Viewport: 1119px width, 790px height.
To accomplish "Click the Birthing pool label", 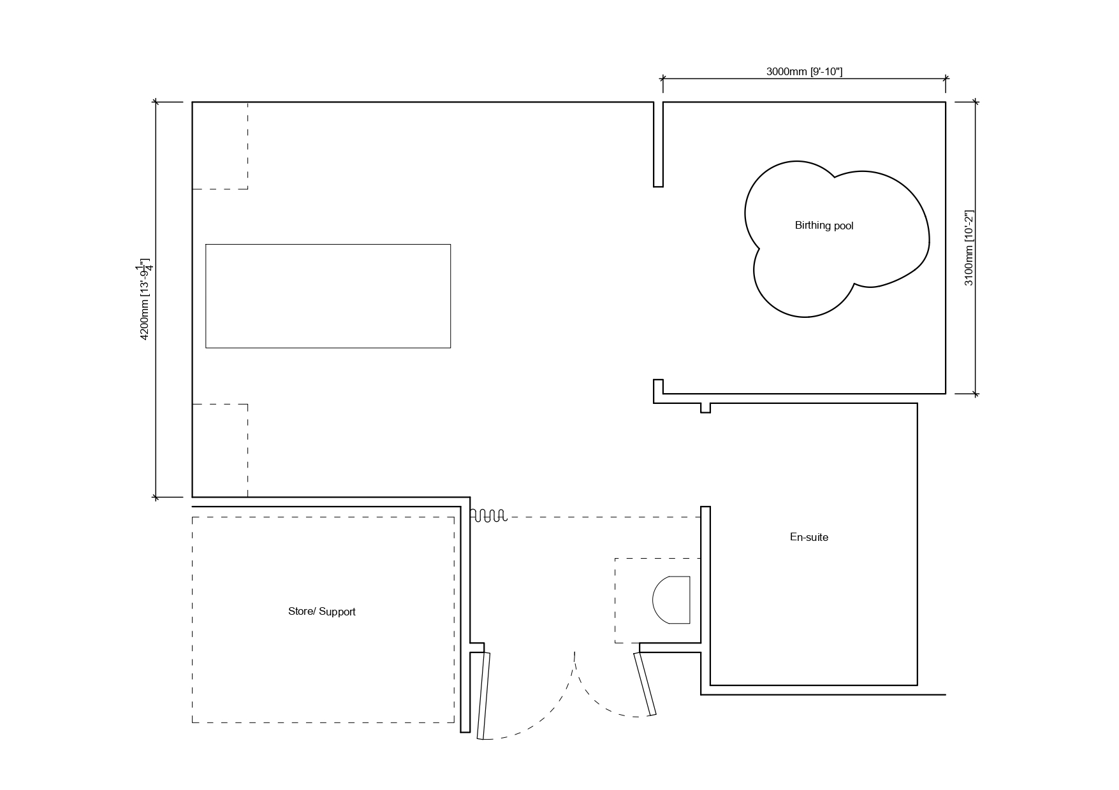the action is tap(824, 226).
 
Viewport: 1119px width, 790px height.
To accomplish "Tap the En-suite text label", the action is tap(809, 537).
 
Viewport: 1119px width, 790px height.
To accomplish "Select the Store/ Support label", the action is tap(322, 612).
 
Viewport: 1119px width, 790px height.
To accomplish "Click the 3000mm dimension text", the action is tap(804, 71).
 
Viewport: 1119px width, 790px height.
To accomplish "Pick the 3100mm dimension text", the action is tap(969, 248).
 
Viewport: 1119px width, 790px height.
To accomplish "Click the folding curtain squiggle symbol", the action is tap(489, 515).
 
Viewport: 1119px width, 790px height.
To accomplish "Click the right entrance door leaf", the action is tap(645, 684).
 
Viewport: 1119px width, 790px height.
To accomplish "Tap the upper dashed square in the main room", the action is tap(247, 145).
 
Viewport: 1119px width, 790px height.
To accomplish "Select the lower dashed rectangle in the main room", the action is tap(247, 450).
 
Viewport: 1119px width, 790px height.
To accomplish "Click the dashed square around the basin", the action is tap(615, 600).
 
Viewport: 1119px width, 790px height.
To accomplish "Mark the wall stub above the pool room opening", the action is tap(658, 144).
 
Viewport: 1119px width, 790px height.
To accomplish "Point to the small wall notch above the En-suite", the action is tap(705, 408).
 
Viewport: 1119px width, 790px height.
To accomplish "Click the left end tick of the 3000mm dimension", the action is tap(662, 79).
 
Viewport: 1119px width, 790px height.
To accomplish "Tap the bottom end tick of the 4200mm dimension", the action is tap(156, 497).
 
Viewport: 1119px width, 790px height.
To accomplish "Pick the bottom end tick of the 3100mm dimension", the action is tap(974, 394).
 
